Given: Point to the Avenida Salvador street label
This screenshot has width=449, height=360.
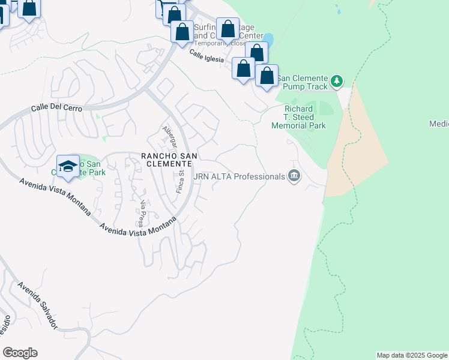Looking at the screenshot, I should pos(37,305).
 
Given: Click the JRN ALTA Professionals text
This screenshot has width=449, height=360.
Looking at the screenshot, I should pos(239,176).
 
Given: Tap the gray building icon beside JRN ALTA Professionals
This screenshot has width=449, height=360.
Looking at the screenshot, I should pos(294,176).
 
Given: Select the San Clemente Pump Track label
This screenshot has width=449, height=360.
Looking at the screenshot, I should pos(302,82).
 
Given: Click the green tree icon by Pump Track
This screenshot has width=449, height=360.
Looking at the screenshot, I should pos(337,80).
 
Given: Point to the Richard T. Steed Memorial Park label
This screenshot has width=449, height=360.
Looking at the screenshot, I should pos(298,117).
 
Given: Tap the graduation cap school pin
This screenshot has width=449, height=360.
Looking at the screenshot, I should pos(68,166).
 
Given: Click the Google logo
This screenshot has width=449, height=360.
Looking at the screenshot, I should pos(20,353).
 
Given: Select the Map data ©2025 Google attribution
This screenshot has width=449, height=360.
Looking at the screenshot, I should pos(412,355).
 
